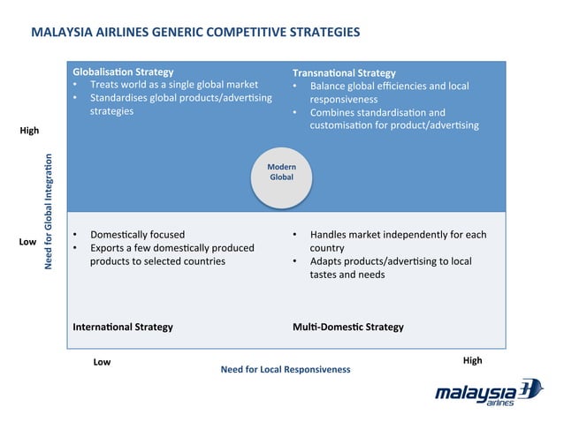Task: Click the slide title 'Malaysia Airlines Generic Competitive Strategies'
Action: pos(194,33)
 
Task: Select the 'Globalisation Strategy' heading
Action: pos(123,72)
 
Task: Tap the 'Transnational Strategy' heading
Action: pos(344,72)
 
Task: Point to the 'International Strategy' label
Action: pos(123,327)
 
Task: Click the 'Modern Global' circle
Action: pos(282,173)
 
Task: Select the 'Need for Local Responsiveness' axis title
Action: pos(285,369)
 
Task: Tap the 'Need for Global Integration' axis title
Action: pos(50,212)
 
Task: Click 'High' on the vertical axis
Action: pos(29,131)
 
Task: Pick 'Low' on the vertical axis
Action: pos(27,241)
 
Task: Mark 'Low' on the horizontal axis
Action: pos(102,362)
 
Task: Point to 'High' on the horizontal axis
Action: pos(472,361)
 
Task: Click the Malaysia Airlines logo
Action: pos(488,393)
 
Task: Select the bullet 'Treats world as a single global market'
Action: pos(173,85)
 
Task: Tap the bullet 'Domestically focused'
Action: pos(137,235)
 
